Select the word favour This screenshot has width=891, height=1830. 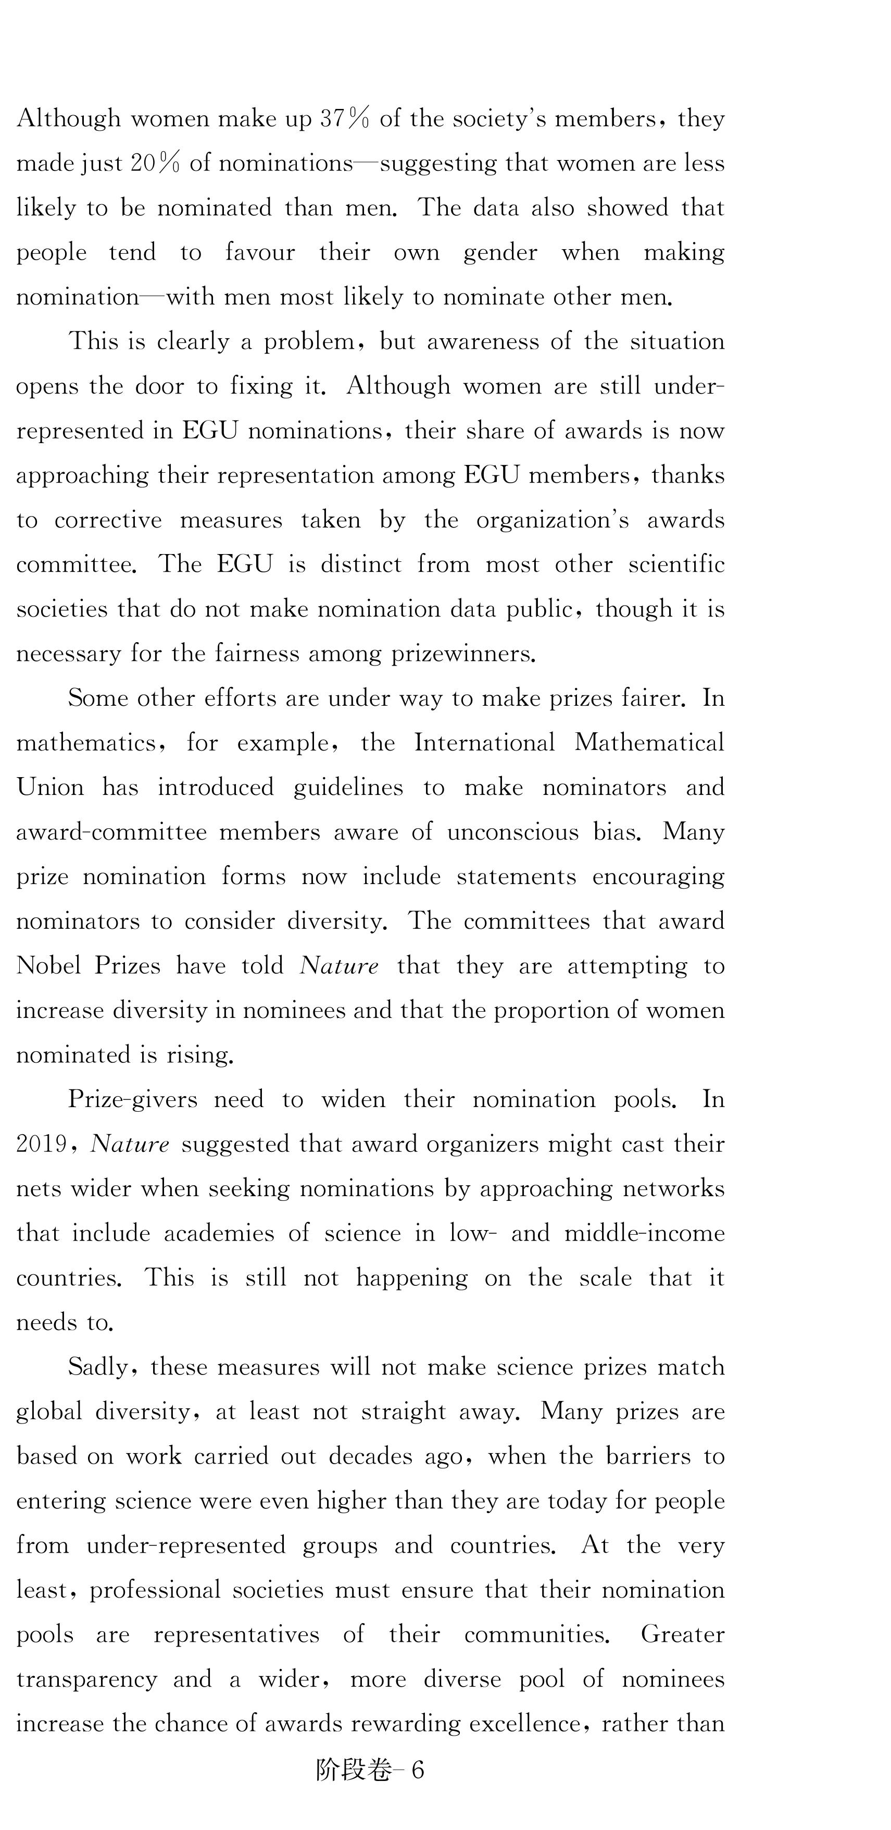[260, 253]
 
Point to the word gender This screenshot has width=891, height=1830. [500, 253]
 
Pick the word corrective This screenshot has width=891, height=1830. [108, 521]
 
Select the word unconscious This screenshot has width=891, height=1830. [512, 832]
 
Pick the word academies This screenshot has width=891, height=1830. [219, 1233]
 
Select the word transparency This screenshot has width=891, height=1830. [86, 1679]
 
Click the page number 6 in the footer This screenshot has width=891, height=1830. [418, 1770]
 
